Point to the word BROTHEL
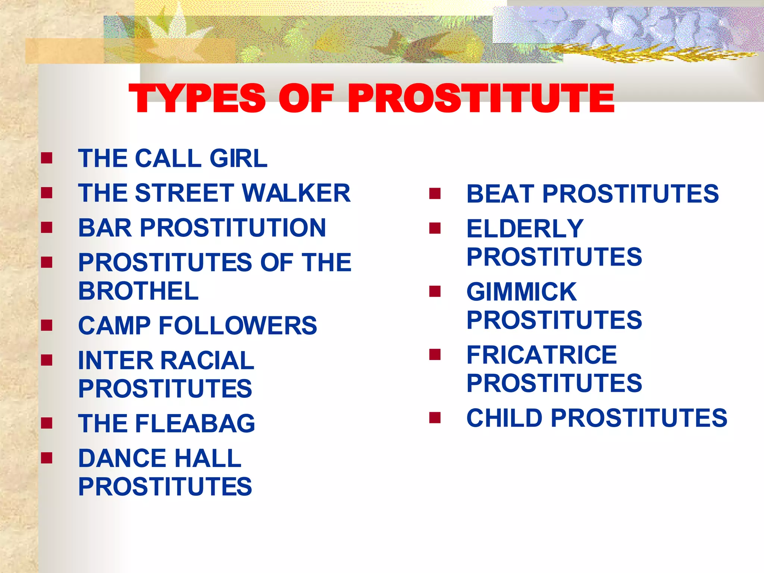click(x=138, y=291)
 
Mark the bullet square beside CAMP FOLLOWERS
click(x=47, y=325)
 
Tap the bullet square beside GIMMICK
click(x=435, y=291)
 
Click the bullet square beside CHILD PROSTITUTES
click(x=435, y=417)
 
